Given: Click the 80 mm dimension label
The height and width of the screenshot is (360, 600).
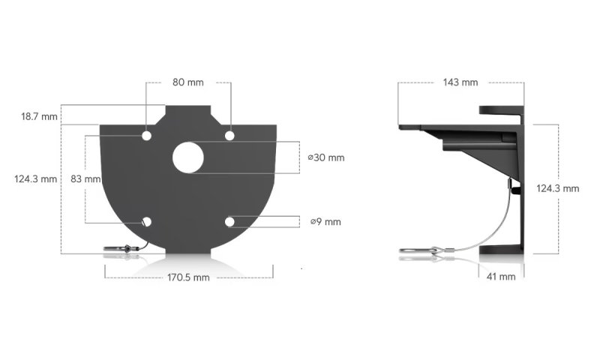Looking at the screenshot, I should point(188,82).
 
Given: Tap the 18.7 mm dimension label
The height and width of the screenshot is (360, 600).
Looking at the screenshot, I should point(39,117).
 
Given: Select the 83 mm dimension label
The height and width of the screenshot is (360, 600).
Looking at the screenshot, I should point(85,179).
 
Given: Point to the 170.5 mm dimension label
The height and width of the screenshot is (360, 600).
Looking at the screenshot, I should point(188,277).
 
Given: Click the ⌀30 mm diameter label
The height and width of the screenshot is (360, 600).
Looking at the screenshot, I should point(326,157).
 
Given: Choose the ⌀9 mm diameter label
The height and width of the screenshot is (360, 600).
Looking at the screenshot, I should point(326,221).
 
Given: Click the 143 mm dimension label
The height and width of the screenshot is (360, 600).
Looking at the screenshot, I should point(460,82).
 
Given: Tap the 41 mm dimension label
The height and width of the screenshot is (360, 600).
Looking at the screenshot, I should point(500,277).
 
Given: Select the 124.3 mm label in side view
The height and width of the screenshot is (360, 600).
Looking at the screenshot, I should point(557,189).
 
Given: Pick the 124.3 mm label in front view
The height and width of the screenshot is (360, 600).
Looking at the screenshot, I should point(35,179).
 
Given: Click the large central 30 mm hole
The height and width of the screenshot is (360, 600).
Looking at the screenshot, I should point(188,157).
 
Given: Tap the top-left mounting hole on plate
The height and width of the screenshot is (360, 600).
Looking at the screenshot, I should point(146,136).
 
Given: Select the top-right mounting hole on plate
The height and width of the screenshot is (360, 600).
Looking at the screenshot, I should point(230,136).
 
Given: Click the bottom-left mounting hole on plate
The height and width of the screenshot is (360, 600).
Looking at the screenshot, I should point(146,222).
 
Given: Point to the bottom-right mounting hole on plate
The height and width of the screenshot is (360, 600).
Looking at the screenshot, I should point(230,222).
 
